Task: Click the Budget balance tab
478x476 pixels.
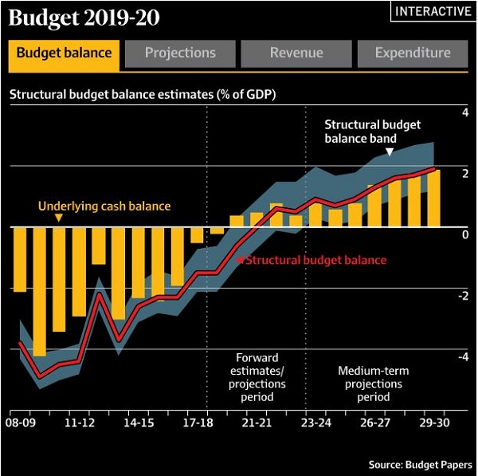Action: pos(64,53)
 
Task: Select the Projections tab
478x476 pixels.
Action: pos(180,53)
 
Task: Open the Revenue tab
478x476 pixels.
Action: pos(296,53)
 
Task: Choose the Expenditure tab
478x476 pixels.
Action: pos(413,53)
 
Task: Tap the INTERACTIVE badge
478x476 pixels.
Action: pos(433,11)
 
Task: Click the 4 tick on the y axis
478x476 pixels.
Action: pos(465,113)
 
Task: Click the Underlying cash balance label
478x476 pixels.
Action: pos(104,207)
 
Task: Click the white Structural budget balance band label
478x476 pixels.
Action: pos(372,132)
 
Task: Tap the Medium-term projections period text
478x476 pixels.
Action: pos(370,384)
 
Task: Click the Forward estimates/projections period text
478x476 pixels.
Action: pos(257,377)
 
